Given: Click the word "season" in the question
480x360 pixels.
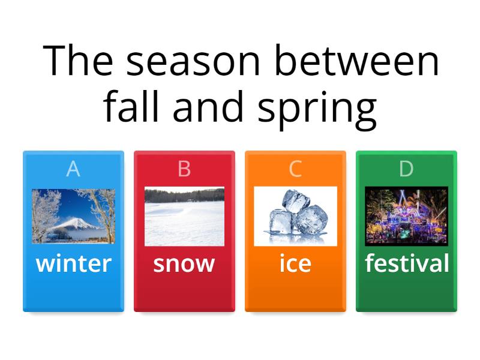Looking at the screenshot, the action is (x=193, y=61).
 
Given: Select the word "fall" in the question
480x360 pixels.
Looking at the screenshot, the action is (x=131, y=106).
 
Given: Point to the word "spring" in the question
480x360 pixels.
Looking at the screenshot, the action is (x=317, y=110).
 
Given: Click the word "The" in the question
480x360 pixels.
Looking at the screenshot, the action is (x=78, y=59).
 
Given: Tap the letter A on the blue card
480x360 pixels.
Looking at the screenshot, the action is (x=73, y=169).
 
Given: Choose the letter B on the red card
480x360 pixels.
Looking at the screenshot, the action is (x=184, y=169).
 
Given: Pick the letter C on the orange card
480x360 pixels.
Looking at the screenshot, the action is (x=295, y=169).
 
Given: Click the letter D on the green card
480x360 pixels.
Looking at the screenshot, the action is (x=406, y=169).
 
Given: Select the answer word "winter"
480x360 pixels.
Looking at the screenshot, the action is (x=73, y=263).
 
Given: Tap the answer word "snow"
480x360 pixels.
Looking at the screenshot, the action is (x=184, y=264).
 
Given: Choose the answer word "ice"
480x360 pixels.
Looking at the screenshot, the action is (x=295, y=263).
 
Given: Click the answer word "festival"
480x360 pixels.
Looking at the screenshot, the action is (x=407, y=263).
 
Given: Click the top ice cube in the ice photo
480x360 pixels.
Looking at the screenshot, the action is (x=296, y=201).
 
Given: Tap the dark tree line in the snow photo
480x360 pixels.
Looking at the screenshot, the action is (x=184, y=196).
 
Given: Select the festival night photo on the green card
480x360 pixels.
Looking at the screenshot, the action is (x=407, y=216).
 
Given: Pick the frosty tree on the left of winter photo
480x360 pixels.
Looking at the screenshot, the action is (x=46, y=214).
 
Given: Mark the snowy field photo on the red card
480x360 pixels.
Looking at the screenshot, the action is (x=184, y=216).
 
